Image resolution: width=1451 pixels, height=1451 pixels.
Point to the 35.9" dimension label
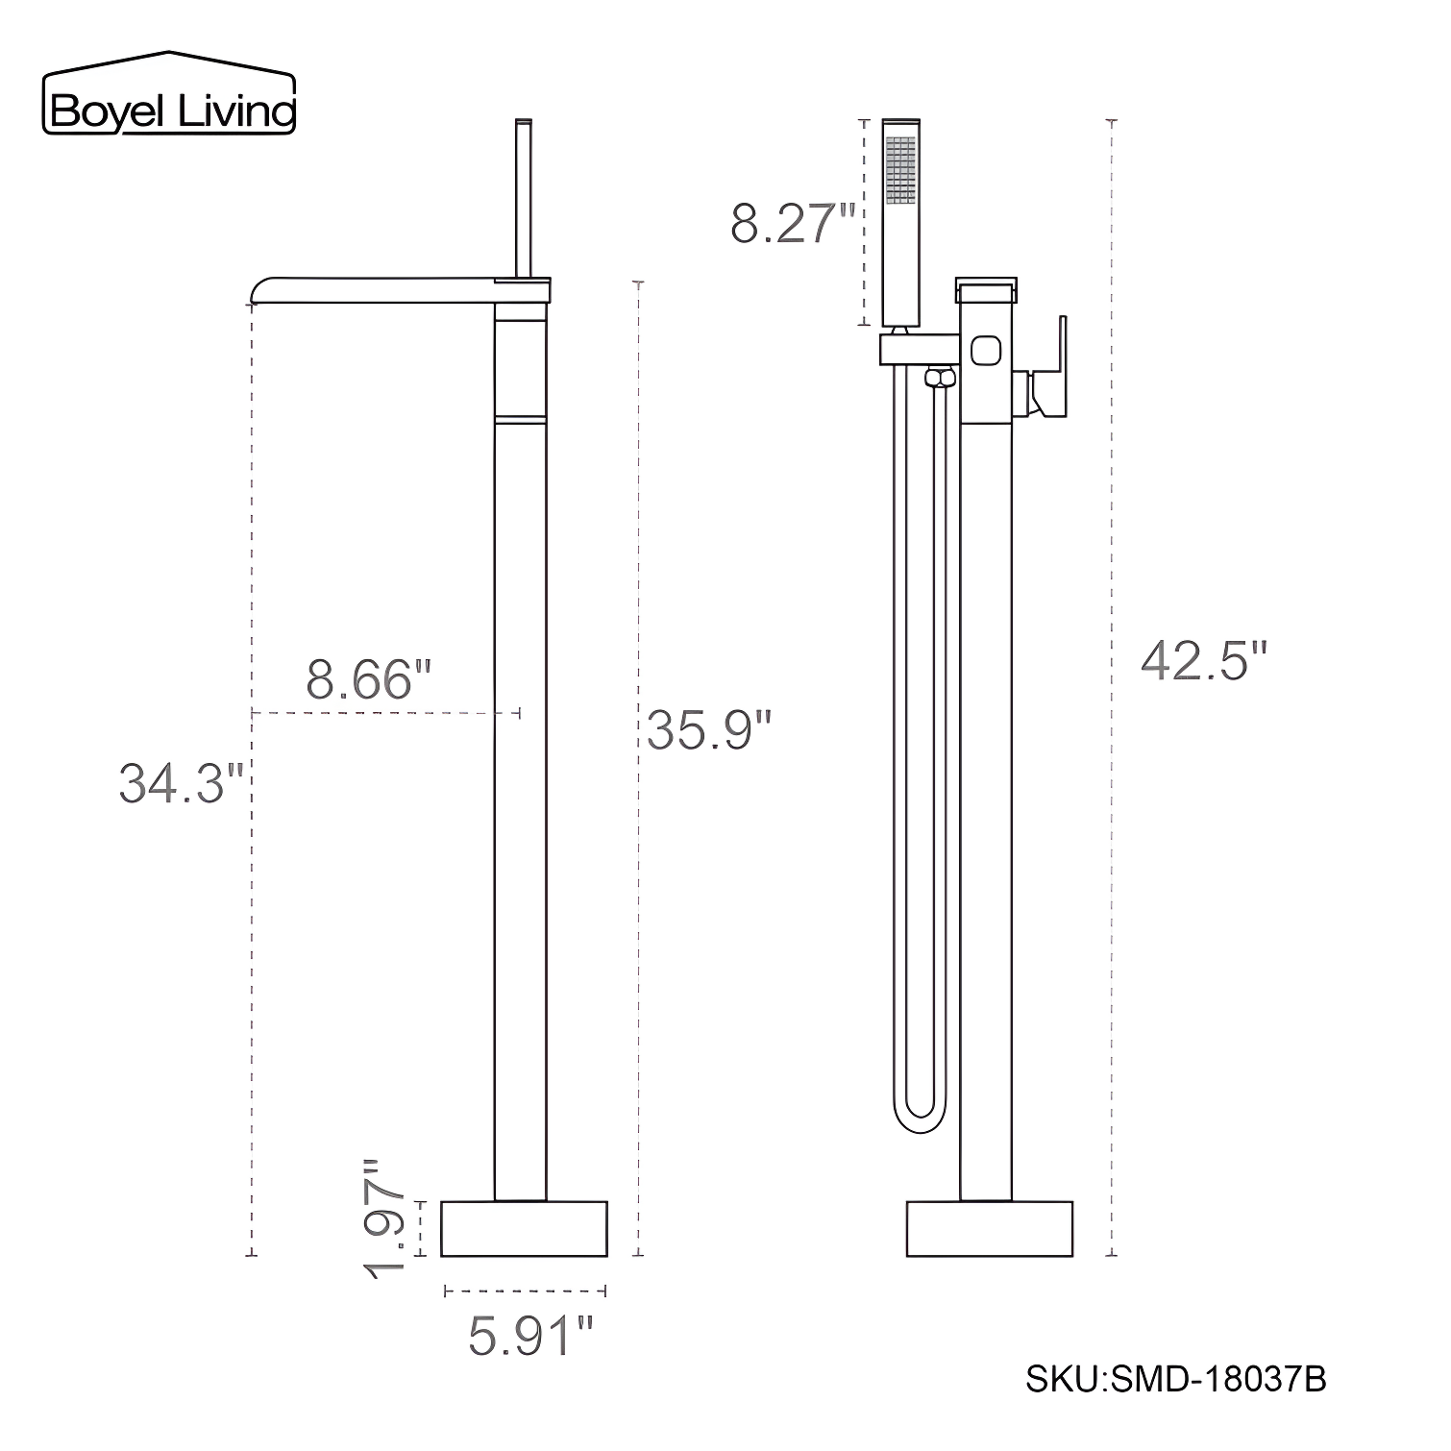(709, 730)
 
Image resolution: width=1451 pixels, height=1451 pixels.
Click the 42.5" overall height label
(1205, 661)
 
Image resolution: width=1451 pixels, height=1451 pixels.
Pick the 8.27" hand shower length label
(792, 223)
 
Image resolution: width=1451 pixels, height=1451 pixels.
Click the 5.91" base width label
(530, 1336)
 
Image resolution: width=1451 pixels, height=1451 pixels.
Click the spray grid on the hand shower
(901, 169)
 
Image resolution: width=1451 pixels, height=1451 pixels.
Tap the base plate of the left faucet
(524, 1228)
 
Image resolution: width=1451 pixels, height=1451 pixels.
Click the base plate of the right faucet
(989, 1228)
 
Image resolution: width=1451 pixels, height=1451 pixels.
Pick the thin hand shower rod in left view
(524, 197)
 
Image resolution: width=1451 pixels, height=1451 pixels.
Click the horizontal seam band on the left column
(521, 418)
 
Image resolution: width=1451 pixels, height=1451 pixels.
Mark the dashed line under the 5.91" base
(525, 1291)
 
